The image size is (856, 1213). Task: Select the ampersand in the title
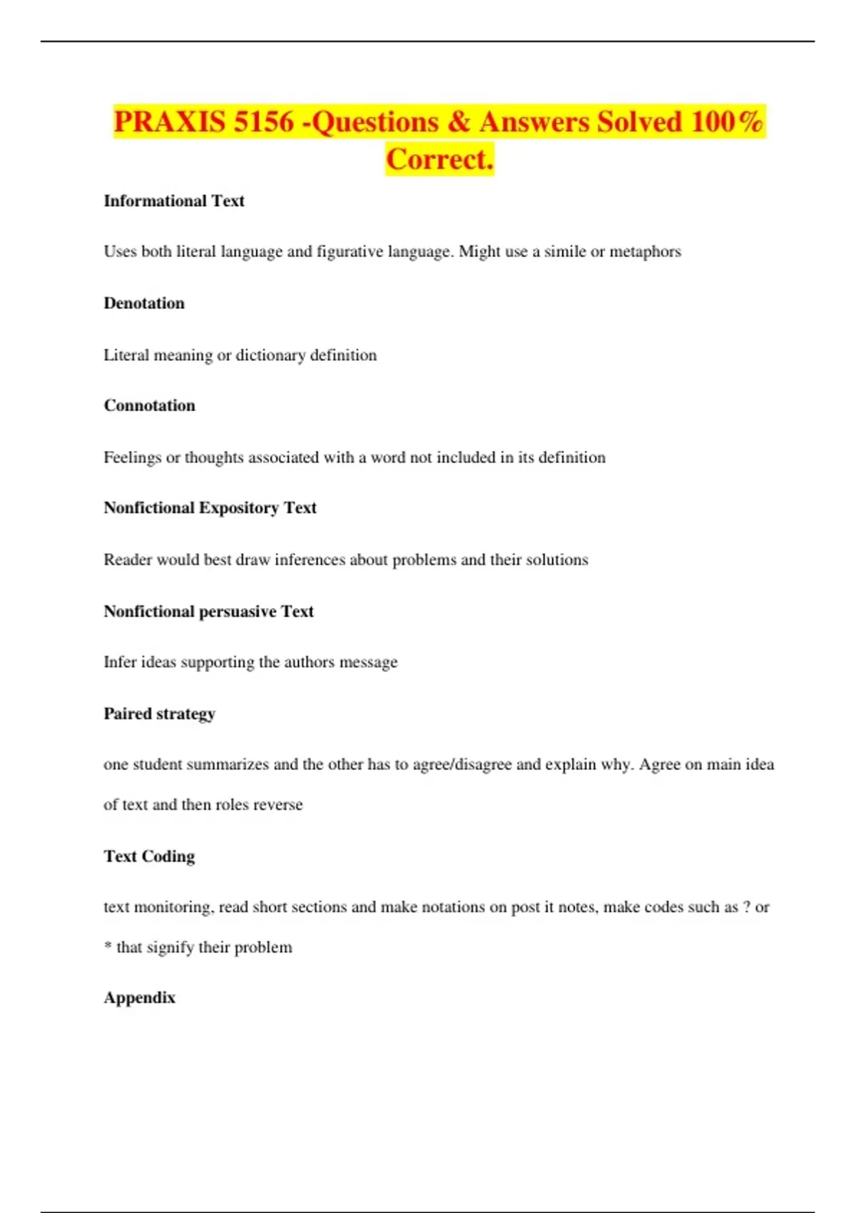(x=459, y=122)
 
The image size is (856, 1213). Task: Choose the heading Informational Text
(x=174, y=201)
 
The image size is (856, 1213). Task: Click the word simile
(x=565, y=252)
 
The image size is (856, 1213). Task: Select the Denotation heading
(x=144, y=303)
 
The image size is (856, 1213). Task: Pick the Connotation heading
(x=149, y=406)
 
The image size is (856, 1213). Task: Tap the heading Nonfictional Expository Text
(x=210, y=508)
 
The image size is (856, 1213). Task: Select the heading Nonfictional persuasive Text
(x=208, y=611)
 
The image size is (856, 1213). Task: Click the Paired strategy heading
(x=159, y=714)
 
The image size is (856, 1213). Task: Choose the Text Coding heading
(x=149, y=856)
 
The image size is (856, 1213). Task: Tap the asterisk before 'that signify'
(x=108, y=946)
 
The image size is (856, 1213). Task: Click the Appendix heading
(x=139, y=998)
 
